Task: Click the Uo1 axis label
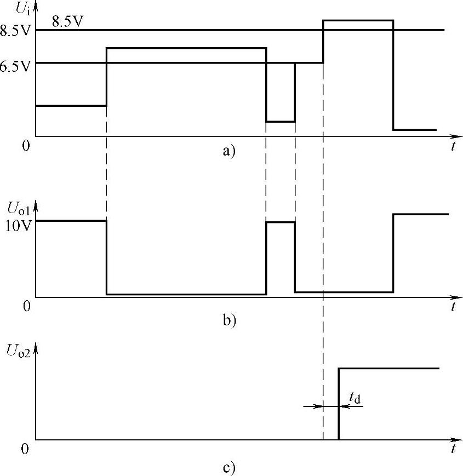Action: point(19,208)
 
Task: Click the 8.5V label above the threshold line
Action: point(68,22)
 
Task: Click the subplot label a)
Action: point(228,150)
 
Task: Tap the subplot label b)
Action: point(228,319)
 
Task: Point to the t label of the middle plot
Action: point(454,307)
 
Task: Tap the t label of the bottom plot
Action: point(454,449)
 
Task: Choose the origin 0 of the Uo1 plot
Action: point(26,306)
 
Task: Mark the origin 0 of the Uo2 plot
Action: point(25,449)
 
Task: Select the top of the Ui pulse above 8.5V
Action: point(358,20)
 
